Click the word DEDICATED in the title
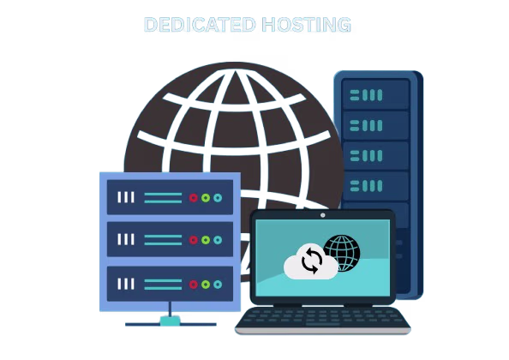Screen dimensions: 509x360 click(x=200, y=25)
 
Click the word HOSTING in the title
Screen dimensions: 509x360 click(x=307, y=25)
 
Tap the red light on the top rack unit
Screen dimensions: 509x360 click(x=194, y=198)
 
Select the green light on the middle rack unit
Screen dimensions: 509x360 click(x=206, y=240)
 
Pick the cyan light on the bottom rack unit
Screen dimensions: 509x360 click(x=218, y=285)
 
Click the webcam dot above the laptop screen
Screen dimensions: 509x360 click(x=323, y=215)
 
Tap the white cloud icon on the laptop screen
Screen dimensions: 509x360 click(x=311, y=262)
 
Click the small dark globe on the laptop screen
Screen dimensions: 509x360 click(x=342, y=253)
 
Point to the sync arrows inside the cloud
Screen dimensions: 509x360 click(x=312, y=261)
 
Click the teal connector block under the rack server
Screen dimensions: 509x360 click(x=171, y=321)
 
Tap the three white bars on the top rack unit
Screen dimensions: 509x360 click(x=126, y=197)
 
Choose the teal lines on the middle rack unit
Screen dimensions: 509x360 click(x=163, y=240)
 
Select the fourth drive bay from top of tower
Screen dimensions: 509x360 click(x=375, y=186)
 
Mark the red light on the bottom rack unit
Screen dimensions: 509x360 click(x=194, y=285)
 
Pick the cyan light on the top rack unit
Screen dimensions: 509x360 click(x=218, y=198)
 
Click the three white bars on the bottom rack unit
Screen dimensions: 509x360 click(x=126, y=284)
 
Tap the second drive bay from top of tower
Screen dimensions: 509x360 click(x=375, y=125)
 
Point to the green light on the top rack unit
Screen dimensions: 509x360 click(x=206, y=198)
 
